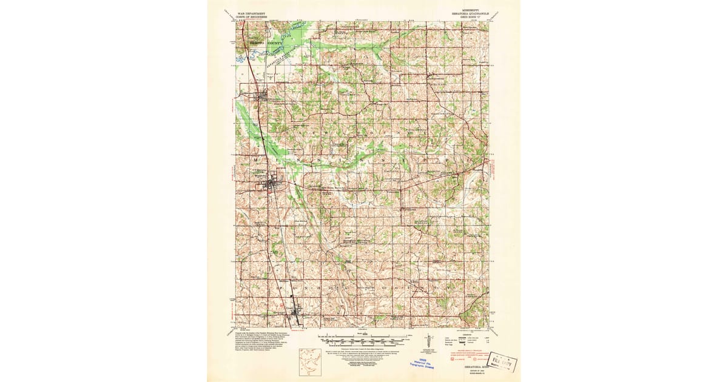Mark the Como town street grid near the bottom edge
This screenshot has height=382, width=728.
click(x=297, y=313)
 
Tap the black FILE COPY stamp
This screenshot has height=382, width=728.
click(x=501, y=363)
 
